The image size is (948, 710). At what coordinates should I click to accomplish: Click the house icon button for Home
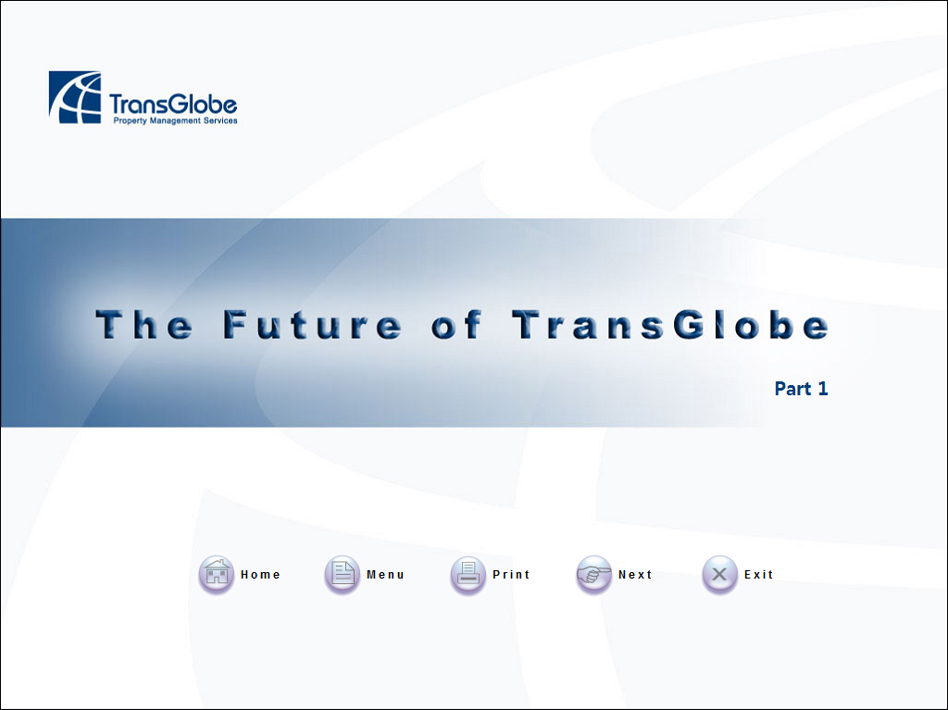coord(217,574)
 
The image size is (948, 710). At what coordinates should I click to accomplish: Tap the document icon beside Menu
coord(343,574)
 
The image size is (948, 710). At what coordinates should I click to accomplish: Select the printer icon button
coord(468,574)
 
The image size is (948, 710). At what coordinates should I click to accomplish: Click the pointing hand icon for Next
coord(593,574)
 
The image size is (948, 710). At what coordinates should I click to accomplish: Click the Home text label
coord(260,575)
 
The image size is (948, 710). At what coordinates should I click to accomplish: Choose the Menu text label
coord(385,575)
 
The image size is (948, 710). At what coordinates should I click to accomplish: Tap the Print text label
coord(511,575)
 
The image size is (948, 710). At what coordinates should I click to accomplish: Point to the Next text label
coord(635,575)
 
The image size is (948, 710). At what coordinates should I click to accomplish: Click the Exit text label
coord(759,575)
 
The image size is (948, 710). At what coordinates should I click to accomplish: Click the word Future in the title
coord(312,325)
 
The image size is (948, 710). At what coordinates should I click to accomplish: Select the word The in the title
coord(143,325)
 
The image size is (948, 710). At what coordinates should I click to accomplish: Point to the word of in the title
coord(456,325)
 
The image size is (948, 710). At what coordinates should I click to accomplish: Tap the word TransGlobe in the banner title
coord(670,325)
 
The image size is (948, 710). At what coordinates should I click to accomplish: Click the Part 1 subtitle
coord(801,388)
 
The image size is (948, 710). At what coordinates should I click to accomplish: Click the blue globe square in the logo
coord(75,97)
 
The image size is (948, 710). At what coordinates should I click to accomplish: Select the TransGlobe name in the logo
coord(173,104)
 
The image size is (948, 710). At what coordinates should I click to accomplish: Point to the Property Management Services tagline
coord(175,120)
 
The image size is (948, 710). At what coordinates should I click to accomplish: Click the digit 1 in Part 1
coord(823,388)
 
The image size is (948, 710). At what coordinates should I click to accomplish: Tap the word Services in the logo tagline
coord(220,120)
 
